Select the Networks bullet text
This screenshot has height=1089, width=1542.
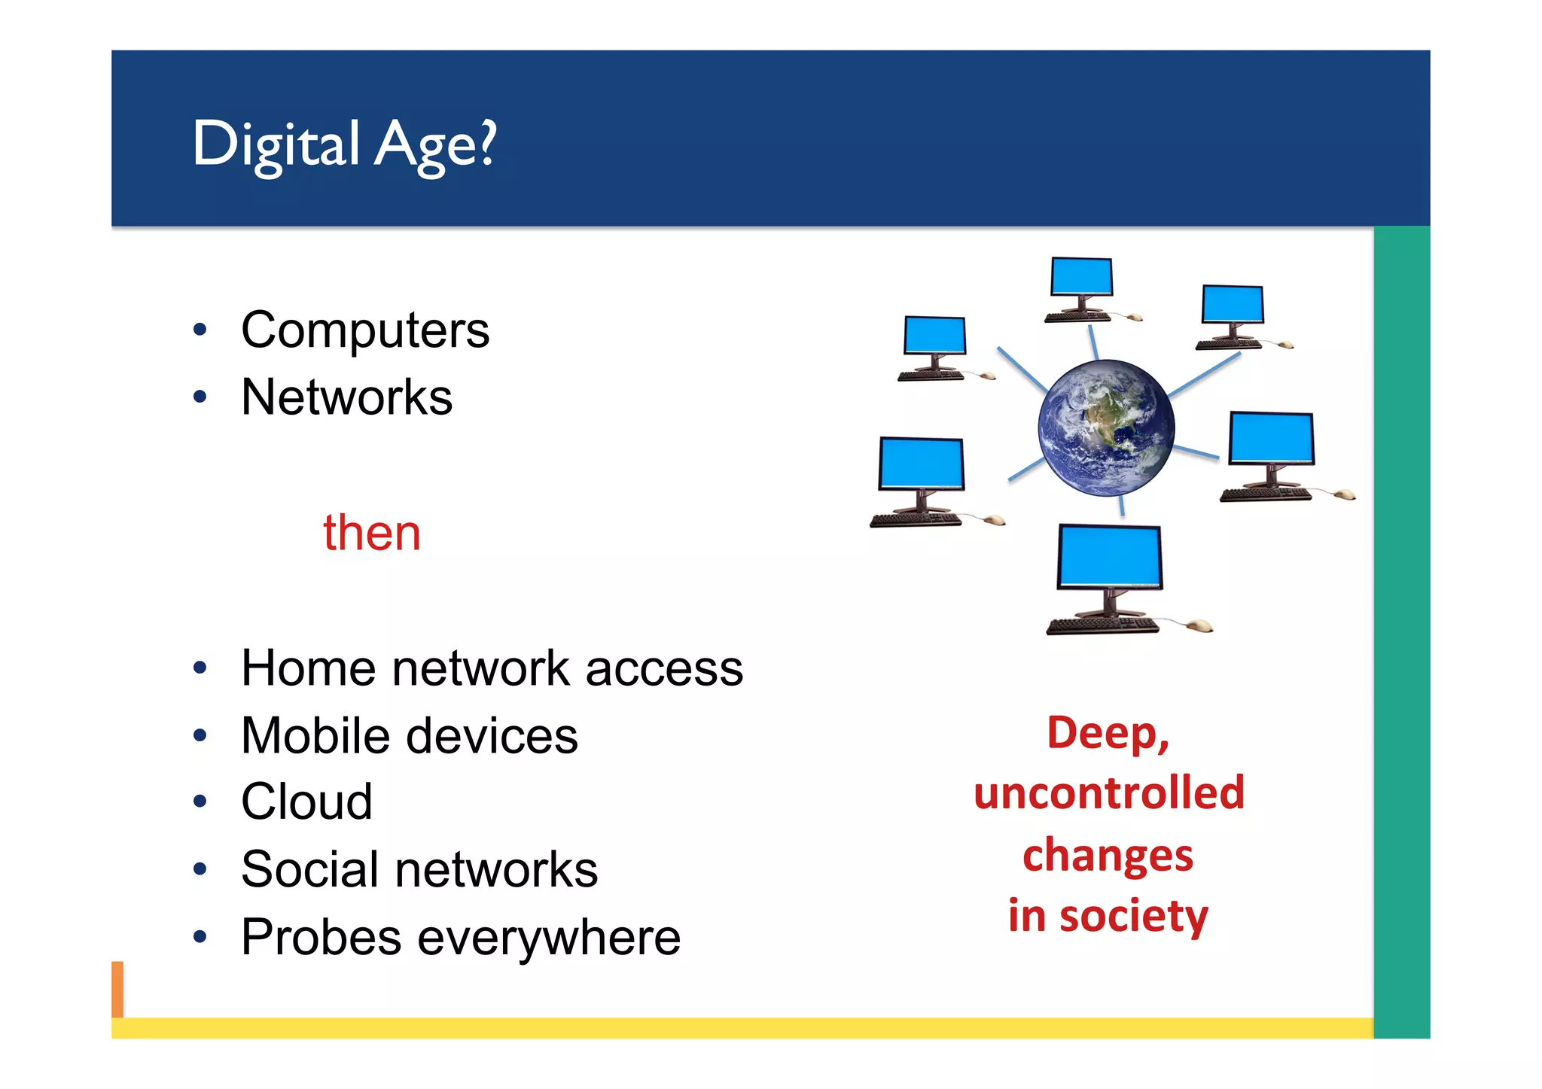[x=346, y=397]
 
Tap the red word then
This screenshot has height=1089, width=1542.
[x=371, y=533]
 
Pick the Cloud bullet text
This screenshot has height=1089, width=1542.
[x=306, y=802]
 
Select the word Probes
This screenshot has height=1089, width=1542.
[x=321, y=937]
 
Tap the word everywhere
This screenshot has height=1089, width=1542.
[x=549, y=938]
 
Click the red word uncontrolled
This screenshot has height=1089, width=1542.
[x=1108, y=792]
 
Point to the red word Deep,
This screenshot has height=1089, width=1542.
[x=1108, y=732]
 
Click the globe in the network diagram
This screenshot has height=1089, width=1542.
[x=1105, y=427]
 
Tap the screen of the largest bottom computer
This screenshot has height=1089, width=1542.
[x=1109, y=556]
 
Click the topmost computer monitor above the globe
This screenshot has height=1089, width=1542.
[x=1081, y=276]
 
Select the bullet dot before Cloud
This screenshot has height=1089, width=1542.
[x=200, y=802]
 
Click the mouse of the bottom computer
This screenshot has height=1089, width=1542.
[x=1198, y=625]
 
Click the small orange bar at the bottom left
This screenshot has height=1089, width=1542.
[x=117, y=989]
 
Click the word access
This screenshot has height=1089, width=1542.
[x=663, y=669]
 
